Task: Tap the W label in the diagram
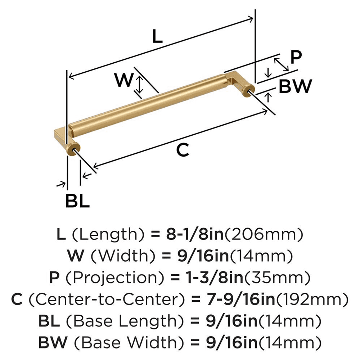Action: point(123,80)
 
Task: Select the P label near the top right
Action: point(296,57)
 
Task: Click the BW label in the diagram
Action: point(295,86)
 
